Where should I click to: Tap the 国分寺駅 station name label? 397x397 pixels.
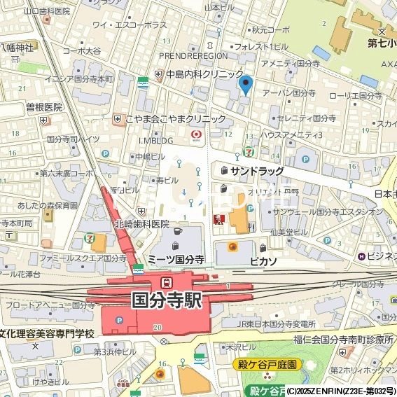(x=167, y=300)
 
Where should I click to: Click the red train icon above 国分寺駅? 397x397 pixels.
(x=167, y=282)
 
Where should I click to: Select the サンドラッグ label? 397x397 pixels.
(x=257, y=171)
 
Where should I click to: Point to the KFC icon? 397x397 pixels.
(x=218, y=220)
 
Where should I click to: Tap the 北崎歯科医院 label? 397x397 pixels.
(x=142, y=224)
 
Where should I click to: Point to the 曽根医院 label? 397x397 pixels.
(x=44, y=107)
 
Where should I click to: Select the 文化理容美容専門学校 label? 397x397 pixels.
(x=47, y=333)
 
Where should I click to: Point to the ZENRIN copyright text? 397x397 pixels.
(x=341, y=391)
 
